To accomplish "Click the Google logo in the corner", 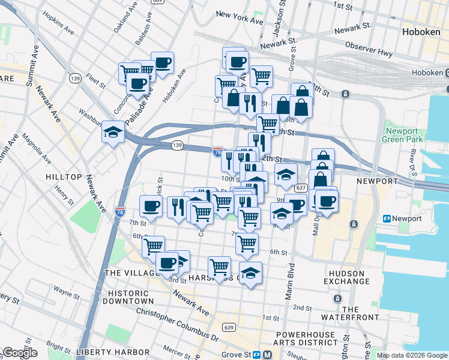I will pos(20,353).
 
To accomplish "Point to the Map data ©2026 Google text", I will pos(412,355).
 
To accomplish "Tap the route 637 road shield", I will pos(301,188).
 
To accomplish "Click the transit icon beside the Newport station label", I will pos(387,219).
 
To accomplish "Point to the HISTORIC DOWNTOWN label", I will pos(127,296).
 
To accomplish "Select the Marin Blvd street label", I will pos(292,279).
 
